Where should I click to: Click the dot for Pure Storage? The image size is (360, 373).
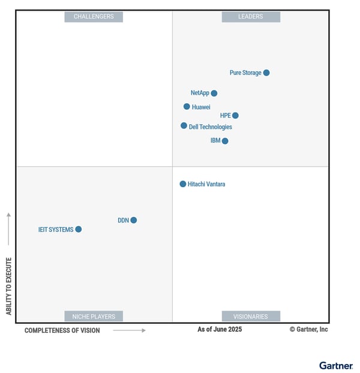point(266,73)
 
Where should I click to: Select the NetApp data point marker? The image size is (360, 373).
point(214,93)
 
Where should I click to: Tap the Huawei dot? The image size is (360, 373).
point(187,107)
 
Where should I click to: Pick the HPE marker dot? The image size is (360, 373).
point(235,115)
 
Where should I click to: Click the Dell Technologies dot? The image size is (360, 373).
point(184,126)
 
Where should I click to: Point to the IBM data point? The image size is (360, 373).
point(225,141)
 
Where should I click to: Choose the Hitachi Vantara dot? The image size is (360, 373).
point(183,184)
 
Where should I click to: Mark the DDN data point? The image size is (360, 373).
point(134,220)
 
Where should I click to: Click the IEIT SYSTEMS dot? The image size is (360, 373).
point(78,229)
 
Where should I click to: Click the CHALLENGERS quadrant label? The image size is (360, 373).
point(94,17)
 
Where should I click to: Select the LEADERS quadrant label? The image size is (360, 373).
point(251,17)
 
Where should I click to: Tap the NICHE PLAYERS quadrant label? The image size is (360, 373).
point(94,316)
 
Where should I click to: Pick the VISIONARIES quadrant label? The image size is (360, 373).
point(251,316)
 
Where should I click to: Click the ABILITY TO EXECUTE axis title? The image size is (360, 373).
point(9,286)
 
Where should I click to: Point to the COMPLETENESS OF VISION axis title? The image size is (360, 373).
point(62,330)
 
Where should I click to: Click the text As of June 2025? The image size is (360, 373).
point(220,329)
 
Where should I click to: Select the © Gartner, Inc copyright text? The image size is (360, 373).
point(308,329)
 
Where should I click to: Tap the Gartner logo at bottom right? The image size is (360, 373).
point(336,365)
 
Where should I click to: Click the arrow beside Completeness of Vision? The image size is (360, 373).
point(130,330)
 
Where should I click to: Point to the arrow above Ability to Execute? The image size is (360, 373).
point(9,228)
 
